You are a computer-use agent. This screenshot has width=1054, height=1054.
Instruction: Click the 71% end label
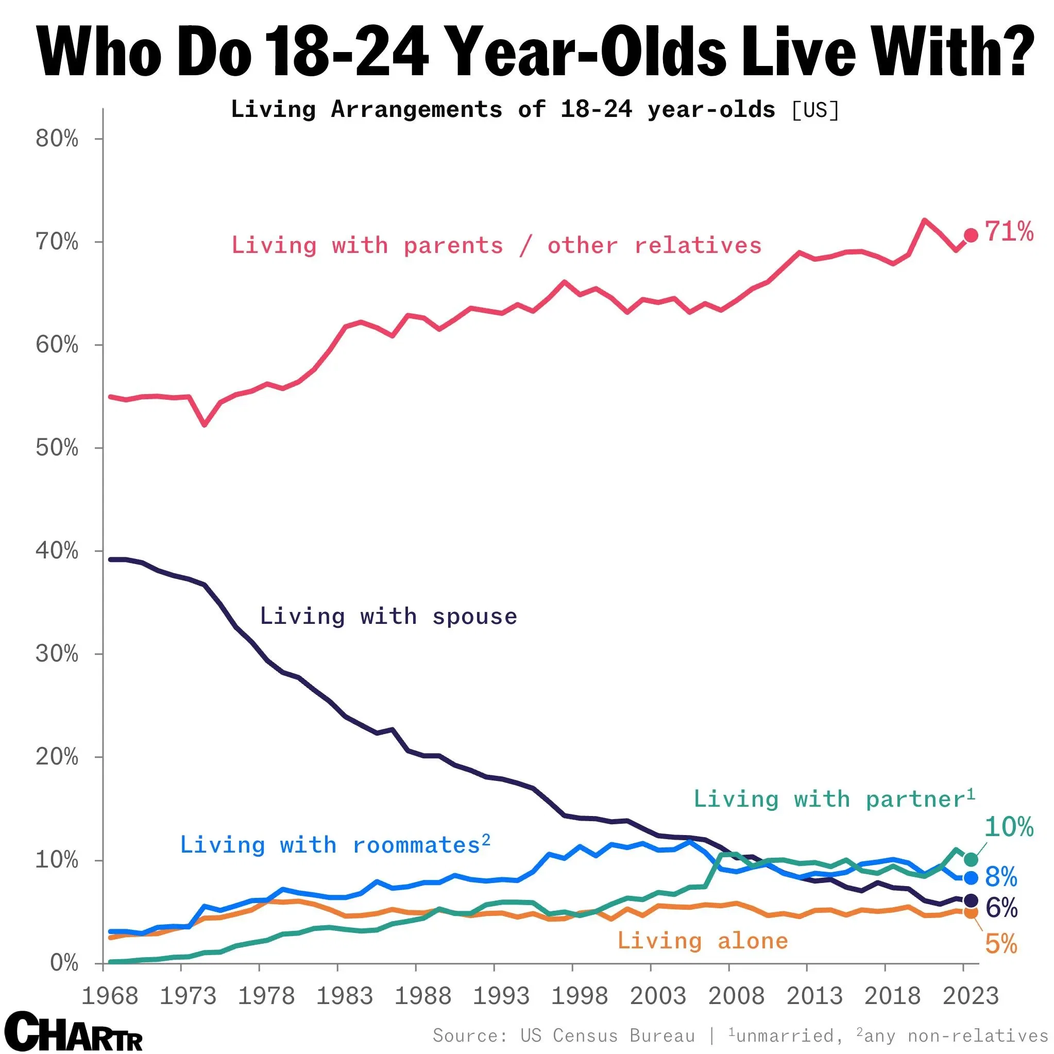pos(1009,232)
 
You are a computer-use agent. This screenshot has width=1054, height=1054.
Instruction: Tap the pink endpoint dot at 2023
pos(971,235)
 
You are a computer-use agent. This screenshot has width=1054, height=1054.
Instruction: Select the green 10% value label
pos(1009,827)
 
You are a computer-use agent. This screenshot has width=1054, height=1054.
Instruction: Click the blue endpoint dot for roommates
pos(971,878)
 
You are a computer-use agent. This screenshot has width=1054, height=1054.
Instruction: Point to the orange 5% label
pos(1001,944)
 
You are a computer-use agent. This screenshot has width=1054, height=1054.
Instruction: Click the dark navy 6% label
pos(1001,908)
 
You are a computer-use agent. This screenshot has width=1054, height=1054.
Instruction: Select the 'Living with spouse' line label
pos(388,617)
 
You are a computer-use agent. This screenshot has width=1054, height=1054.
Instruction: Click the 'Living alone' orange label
pos(703,941)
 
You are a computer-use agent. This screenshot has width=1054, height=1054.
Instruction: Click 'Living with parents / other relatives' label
pos(497,246)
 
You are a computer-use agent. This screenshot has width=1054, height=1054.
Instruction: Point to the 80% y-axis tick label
pos(57,139)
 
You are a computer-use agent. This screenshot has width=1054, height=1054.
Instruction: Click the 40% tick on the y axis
pos(57,551)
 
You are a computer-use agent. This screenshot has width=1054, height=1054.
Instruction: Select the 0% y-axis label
pos(64,963)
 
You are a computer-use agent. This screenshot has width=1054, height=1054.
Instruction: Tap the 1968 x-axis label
pos(110,997)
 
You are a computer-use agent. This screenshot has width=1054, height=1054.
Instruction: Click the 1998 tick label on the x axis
pos(580,997)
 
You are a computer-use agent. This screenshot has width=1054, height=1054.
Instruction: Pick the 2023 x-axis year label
pos(971,997)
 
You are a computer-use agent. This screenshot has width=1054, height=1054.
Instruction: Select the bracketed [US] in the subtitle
pos(815,110)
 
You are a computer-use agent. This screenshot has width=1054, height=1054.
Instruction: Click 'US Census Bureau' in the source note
pos(608,1035)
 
